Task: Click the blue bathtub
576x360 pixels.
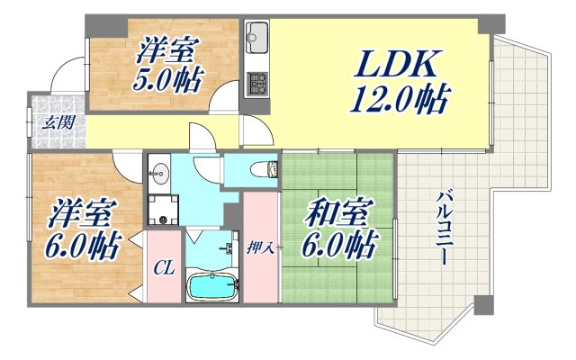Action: pyautogui.click(x=212, y=287)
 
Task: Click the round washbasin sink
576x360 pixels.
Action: pyautogui.click(x=162, y=170)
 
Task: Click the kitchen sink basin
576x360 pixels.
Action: pyautogui.click(x=256, y=38)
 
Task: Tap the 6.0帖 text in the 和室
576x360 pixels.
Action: pyautogui.click(x=337, y=244)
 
